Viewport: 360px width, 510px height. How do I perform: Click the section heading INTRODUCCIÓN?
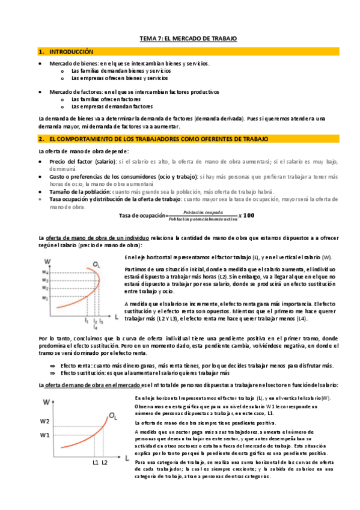coord(72,52)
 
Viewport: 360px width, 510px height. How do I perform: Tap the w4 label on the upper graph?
coord(44,272)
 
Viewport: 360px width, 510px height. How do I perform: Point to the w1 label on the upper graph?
coord(44,298)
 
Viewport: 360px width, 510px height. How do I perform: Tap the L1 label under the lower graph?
coord(96,462)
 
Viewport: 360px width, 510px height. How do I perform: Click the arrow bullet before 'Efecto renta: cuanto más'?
coord(53,366)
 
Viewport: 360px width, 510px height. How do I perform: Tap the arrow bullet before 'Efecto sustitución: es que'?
coord(53,373)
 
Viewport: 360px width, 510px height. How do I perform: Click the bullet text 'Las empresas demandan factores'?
coord(107,106)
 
